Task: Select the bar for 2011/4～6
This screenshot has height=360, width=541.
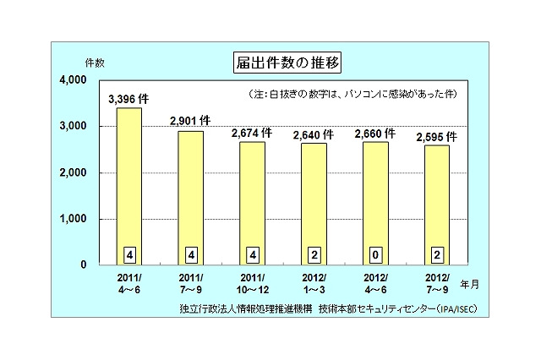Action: pos(129,186)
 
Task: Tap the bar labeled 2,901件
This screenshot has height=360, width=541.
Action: pos(191,198)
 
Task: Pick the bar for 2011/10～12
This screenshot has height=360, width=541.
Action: pos(252,203)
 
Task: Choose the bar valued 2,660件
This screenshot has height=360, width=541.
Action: pos(375,203)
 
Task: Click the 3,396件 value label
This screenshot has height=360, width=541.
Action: pos(129,99)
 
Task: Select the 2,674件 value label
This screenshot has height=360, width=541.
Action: pos(252,133)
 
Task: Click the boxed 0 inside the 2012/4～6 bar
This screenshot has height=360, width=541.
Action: pos(375,253)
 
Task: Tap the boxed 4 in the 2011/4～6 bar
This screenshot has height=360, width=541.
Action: pos(129,253)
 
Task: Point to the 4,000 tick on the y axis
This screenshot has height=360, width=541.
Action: pos(75,80)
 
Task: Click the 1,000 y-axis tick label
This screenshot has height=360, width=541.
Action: pos(75,219)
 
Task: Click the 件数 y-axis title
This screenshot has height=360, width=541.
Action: pos(94,63)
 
